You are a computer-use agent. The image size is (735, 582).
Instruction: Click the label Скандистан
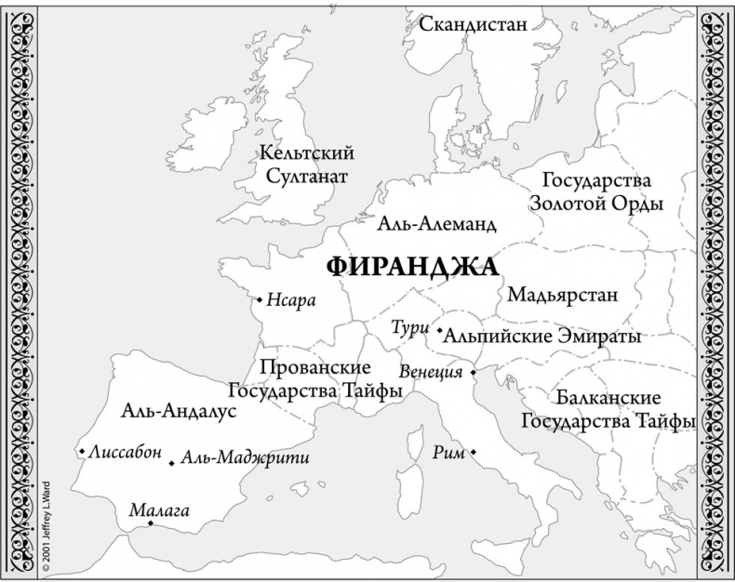click(474, 23)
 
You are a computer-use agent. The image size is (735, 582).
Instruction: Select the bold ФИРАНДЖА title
click(411, 267)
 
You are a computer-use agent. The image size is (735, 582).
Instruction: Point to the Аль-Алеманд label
click(436, 224)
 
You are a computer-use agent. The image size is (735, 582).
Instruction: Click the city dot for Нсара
click(260, 299)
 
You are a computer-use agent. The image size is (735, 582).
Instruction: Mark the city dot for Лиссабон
click(83, 452)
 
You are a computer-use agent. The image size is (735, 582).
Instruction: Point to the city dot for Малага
click(151, 523)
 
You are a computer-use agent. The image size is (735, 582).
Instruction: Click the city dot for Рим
click(474, 452)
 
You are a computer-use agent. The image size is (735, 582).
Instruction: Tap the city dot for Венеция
click(472, 372)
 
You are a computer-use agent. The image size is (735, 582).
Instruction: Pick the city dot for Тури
click(438, 328)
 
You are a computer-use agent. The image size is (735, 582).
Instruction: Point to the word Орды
click(636, 203)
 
